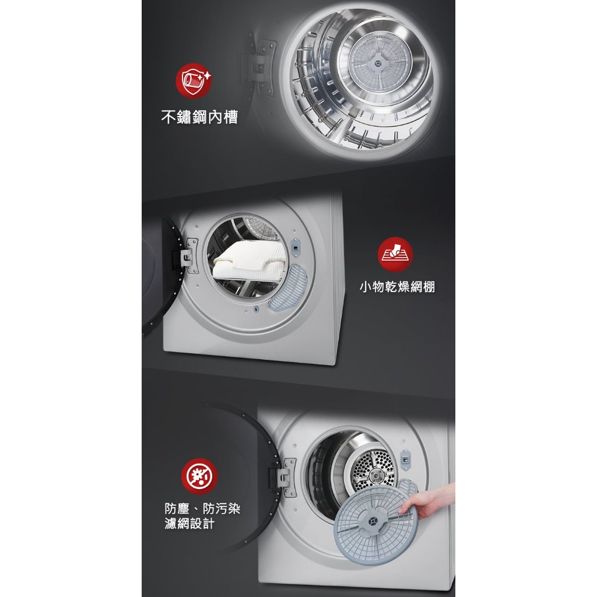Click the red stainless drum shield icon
tap(194, 80)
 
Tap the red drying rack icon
tap(395, 254)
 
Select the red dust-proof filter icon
tap(199, 476)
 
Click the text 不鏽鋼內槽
tap(199, 117)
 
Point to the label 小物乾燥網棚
tap(397, 286)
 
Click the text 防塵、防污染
tap(202, 508)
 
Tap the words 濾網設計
tap(189, 524)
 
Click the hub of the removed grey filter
tap(371, 519)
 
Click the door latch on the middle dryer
tap(295, 247)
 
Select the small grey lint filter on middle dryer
tap(287, 288)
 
